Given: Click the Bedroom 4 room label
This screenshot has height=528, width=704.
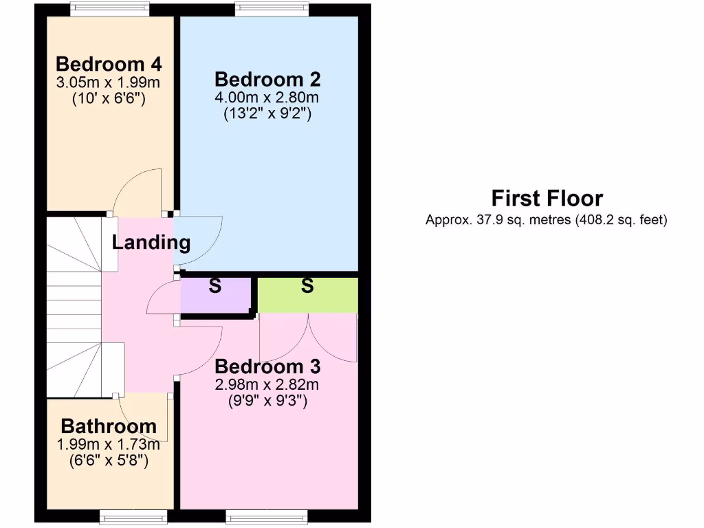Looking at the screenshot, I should tap(109, 65).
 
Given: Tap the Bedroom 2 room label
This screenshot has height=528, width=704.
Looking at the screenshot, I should tap(267, 79).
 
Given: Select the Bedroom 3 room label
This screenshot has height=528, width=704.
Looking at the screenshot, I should tap(267, 366).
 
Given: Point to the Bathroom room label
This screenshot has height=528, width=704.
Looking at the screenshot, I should tap(109, 426).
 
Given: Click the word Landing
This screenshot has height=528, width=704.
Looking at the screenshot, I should tap(151, 243).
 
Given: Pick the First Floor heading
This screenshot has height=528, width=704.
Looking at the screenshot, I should tap(547, 199).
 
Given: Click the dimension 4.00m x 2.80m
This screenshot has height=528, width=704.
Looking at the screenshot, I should tap(267, 98).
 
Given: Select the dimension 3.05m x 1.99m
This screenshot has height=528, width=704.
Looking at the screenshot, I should tap(109, 82).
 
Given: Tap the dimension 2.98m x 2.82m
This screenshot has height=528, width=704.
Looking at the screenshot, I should tap(267, 384).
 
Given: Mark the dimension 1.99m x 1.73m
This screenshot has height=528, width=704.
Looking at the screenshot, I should tap(109, 443).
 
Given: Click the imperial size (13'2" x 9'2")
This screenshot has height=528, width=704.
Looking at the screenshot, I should tap(267, 114).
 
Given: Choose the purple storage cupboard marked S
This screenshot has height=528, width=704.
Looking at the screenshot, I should tap(214, 296).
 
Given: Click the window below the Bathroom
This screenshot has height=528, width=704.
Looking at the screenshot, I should tap(133, 516).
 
